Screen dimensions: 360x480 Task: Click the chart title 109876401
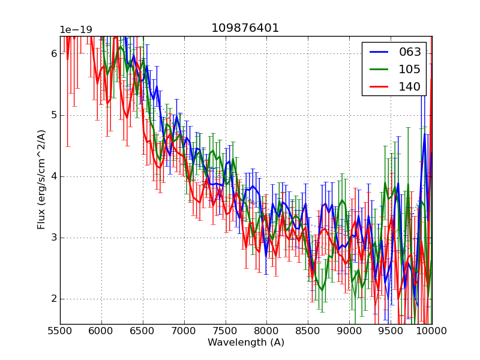click(x=245, y=28)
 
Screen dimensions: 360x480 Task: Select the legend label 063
click(x=410, y=52)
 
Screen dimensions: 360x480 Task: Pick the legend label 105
click(x=410, y=69)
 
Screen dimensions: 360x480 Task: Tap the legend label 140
click(x=410, y=86)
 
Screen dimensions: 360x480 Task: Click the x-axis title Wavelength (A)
click(x=246, y=343)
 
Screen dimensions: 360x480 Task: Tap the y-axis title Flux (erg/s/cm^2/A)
click(x=41, y=179)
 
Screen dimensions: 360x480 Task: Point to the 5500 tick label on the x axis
click(x=60, y=331)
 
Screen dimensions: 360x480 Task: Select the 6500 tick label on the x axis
click(x=143, y=331)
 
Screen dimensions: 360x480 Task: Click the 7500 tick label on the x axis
click(x=225, y=331)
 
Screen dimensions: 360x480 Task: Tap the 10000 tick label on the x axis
click(x=432, y=331)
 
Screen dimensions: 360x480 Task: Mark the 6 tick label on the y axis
click(x=53, y=54)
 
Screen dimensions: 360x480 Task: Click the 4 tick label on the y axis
click(x=53, y=176)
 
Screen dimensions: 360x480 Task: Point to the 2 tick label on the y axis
click(x=53, y=299)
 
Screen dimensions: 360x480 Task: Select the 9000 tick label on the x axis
click(x=349, y=331)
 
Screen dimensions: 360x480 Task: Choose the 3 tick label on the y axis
click(x=53, y=238)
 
